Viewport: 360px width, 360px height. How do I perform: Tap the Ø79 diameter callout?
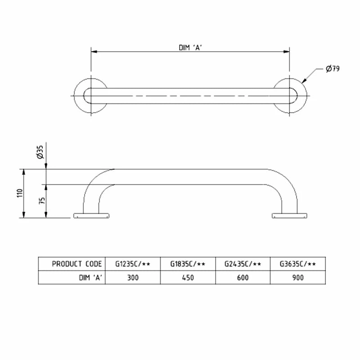(332, 69)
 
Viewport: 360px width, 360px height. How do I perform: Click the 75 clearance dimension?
(41, 201)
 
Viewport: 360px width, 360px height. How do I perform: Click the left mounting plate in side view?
(91, 216)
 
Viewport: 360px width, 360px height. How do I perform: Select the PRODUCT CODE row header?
(76, 264)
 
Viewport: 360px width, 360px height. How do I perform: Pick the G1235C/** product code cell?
(133, 264)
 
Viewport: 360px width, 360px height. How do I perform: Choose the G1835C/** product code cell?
(188, 264)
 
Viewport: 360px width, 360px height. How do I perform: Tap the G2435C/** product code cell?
(243, 264)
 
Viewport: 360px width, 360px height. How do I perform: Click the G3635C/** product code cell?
(297, 264)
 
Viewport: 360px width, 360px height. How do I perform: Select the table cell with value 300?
(133, 278)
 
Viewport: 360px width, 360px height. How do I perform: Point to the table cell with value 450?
(188, 278)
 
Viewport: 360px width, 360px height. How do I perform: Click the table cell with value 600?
(243, 278)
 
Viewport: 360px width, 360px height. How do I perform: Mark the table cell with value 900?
(297, 278)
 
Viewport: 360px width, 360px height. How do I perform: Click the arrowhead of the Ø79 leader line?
(304, 82)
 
